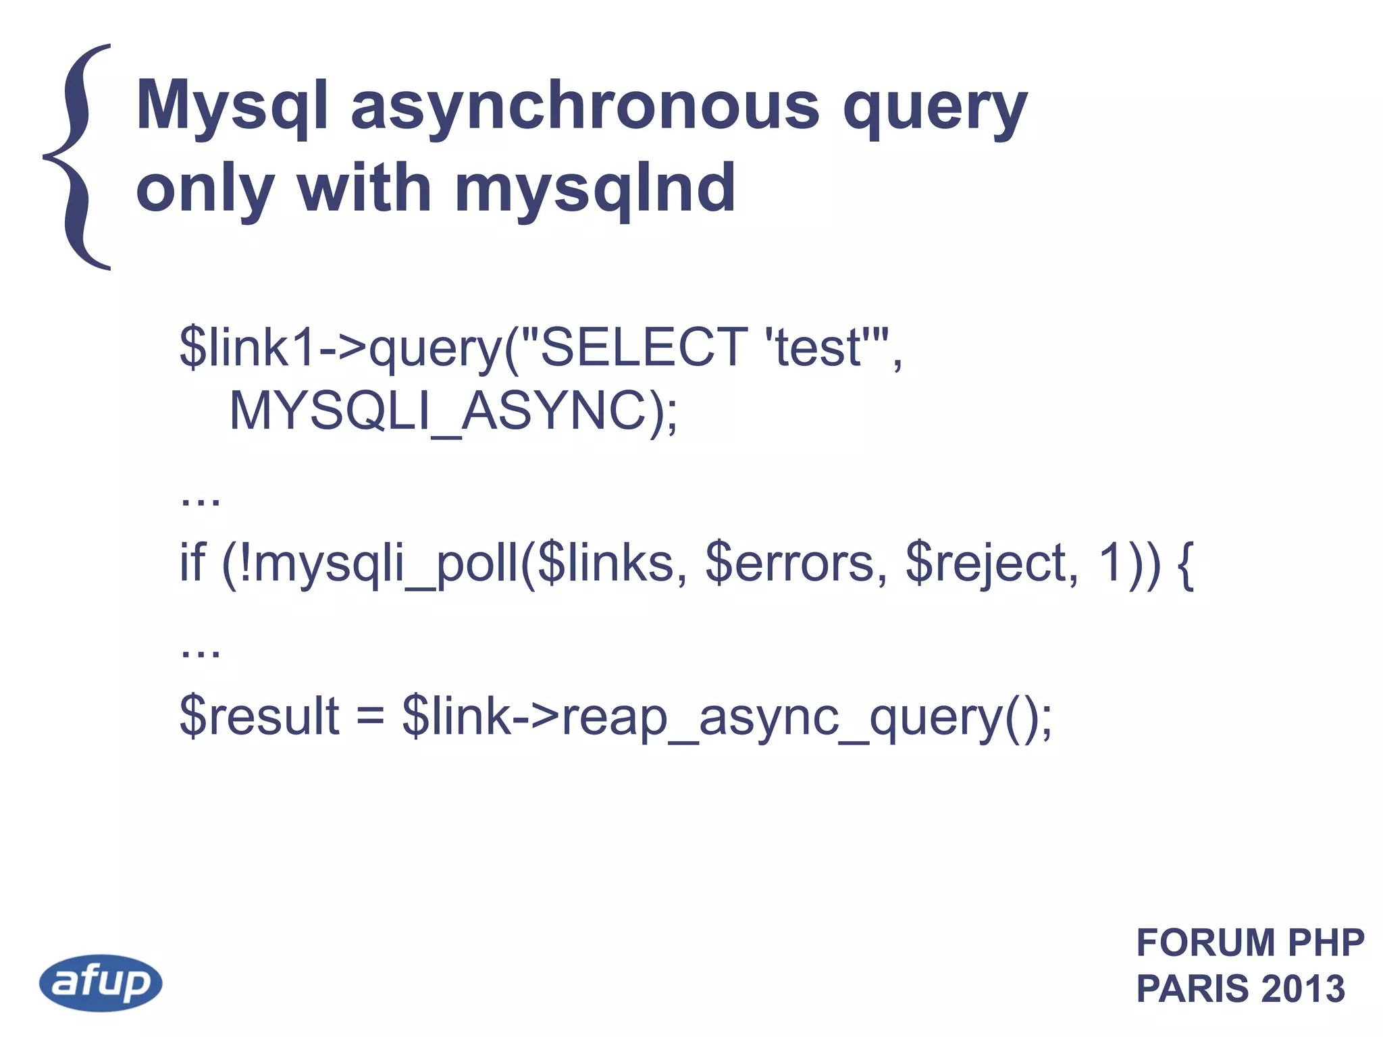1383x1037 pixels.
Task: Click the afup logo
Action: point(101,982)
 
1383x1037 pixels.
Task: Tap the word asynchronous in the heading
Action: point(585,107)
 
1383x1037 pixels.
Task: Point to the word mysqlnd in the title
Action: point(594,189)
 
